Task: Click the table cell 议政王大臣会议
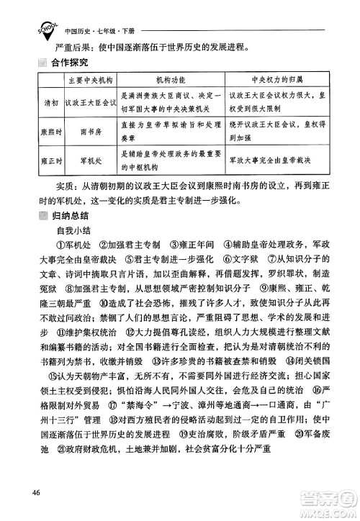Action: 90,101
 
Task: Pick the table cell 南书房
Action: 93,132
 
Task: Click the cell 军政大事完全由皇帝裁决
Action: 271,161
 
